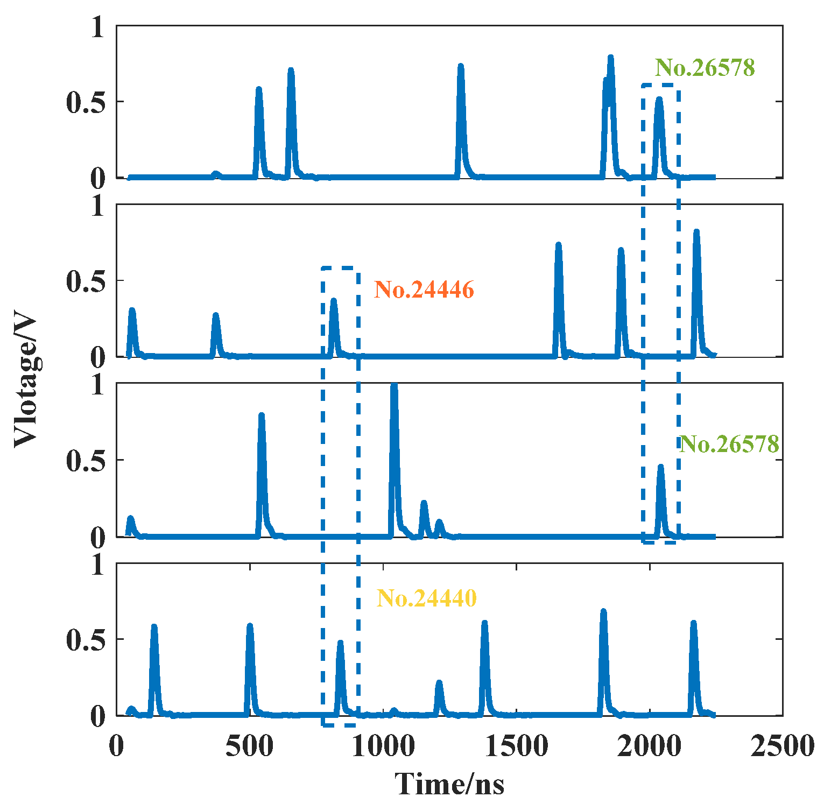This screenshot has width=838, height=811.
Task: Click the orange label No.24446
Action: [x=424, y=290]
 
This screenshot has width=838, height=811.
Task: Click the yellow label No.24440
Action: [x=426, y=598]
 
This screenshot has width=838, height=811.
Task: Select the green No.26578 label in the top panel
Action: [x=705, y=68]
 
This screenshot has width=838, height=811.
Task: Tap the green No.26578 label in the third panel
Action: [x=729, y=444]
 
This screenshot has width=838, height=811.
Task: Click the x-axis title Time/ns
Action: [x=449, y=784]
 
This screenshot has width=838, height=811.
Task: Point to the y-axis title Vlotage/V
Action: [x=26, y=382]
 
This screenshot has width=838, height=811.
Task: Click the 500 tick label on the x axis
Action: [x=250, y=746]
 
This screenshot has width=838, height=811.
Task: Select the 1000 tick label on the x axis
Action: [x=383, y=746]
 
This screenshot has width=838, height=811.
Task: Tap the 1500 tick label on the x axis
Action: [x=516, y=746]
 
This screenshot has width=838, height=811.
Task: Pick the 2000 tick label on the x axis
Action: [x=650, y=746]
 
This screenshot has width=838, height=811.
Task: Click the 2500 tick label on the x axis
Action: [x=782, y=746]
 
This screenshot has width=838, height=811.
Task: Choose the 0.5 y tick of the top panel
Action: [x=86, y=102]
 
